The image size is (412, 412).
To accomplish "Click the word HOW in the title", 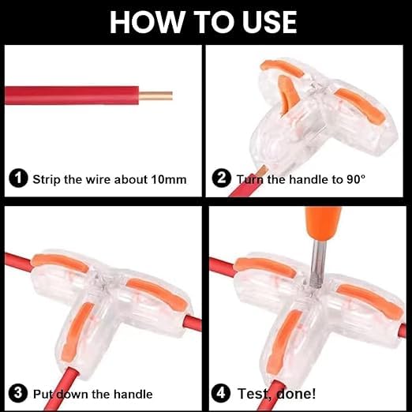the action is tap(147, 22).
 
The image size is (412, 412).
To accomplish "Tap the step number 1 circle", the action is tap(18, 178).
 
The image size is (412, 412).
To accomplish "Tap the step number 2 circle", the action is tap(222, 178).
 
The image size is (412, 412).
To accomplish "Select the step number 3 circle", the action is tap(18, 393).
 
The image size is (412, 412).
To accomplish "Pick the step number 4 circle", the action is tap(221, 393).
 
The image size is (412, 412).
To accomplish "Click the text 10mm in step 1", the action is tap(169, 179).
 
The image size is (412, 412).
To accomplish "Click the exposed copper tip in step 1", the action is tap(155, 96).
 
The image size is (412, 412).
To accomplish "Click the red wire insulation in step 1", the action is tap(72, 96).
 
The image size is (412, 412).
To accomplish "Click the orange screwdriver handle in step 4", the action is tap(323, 224).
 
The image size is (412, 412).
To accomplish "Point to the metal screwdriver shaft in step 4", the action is tap(317, 264).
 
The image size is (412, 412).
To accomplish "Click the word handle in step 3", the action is tap(133, 394).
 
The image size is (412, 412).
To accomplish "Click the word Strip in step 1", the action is tap(47, 180).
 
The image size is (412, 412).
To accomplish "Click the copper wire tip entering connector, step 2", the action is tap(263, 170).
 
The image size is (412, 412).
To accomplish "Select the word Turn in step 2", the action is tap(250, 179).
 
